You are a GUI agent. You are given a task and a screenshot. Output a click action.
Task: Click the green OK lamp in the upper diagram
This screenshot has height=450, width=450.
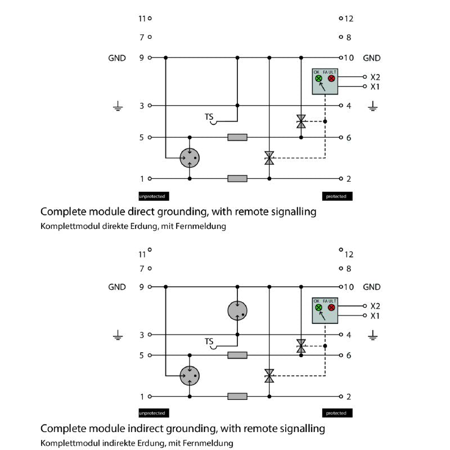pos(318,78)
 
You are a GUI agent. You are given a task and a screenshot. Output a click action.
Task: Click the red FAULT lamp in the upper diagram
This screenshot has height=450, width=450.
pos(331,78)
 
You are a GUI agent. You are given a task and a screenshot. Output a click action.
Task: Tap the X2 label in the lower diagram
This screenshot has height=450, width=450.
pos(375,306)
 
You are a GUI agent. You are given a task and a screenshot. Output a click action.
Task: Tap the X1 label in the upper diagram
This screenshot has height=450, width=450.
pos(375,87)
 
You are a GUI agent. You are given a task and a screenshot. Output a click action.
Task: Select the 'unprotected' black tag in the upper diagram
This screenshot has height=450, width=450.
pos(154,196)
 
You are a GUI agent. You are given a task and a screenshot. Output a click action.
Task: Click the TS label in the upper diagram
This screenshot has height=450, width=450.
pos(209,117)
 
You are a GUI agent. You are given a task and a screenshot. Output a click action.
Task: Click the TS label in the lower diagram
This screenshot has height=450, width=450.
pos(209,341)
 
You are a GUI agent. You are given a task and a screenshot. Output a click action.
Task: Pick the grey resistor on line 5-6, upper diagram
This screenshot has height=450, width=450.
pos(237,137)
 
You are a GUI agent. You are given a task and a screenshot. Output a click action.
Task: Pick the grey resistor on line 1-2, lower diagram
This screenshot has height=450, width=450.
pos(237,396)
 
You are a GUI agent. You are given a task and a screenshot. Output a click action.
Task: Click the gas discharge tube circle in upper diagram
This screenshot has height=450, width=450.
pos(190,158)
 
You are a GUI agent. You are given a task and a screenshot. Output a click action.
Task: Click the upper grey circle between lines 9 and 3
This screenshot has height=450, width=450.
pos(237,310)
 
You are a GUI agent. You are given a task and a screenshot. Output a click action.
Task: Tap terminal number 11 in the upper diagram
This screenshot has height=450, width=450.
pos(142,19)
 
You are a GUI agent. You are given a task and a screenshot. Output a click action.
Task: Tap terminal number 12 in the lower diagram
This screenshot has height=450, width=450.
pos(349,254)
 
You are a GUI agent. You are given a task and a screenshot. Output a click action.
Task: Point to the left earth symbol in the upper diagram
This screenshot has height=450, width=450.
pos(118,106)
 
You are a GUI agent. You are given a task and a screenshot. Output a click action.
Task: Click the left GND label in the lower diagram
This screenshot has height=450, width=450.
pos(117,287)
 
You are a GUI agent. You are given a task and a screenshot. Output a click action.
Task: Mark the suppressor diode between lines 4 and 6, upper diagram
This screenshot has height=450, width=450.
pos(301,121)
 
